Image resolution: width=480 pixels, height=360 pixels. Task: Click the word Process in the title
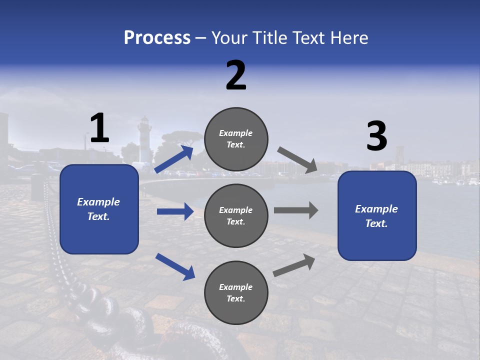point(157,38)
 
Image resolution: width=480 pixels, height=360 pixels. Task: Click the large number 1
point(99,128)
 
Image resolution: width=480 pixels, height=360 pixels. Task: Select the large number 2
point(236,75)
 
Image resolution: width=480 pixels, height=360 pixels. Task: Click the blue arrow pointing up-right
point(174,159)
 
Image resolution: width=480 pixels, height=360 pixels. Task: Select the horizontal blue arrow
point(175,211)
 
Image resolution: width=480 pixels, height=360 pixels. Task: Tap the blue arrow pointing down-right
point(175,266)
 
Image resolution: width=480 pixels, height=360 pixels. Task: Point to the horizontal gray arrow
point(296,210)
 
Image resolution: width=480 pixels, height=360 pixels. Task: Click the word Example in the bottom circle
point(235,287)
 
